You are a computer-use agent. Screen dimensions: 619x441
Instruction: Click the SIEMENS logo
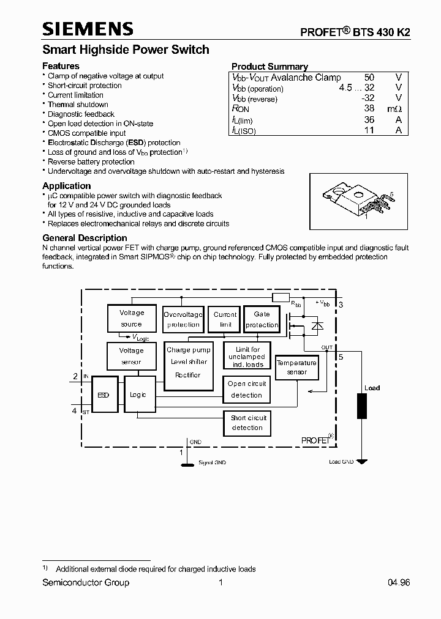[88, 29]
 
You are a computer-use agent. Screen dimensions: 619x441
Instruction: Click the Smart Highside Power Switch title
[126, 50]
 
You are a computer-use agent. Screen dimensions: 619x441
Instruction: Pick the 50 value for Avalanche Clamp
[369, 78]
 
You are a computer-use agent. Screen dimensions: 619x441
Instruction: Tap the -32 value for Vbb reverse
[367, 98]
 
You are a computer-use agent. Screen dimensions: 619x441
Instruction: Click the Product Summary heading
[269, 67]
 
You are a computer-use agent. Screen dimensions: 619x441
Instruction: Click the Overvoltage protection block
[183, 319]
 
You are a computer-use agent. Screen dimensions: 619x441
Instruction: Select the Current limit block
[225, 319]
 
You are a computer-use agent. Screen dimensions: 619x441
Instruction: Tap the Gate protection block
[262, 319]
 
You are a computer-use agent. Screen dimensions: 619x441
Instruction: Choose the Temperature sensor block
[297, 367]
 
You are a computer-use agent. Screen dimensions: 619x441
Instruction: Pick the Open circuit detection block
[247, 390]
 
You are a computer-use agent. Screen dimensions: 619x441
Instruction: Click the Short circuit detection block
[247, 423]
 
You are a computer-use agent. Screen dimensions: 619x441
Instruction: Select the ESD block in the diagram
[104, 395]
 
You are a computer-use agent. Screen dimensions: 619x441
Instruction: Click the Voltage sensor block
[131, 356]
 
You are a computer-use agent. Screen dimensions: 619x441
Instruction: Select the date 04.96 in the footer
[398, 583]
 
